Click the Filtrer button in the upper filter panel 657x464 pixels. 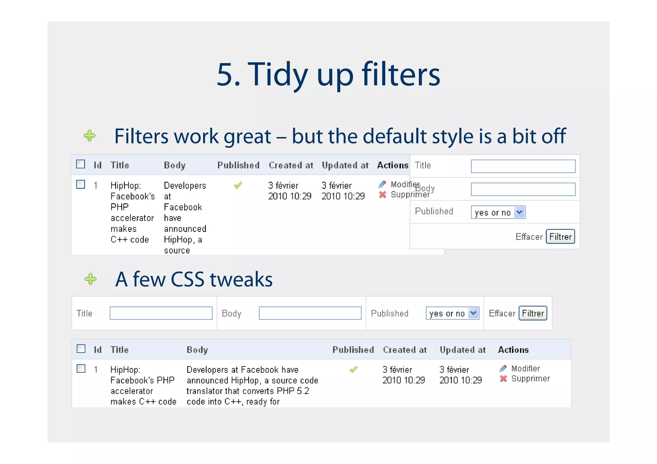tap(560, 237)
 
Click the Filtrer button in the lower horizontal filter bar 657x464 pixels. tap(533, 313)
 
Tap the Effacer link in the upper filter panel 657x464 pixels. tap(529, 237)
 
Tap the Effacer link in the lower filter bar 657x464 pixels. tap(502, 313)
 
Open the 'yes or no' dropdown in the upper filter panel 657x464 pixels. tap(498, 212)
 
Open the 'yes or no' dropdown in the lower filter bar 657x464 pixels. tap(452, 313)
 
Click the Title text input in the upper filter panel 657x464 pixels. tap(523, 166)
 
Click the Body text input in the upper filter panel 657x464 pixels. tap(523, 189)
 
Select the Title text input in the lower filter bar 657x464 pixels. tap(161, 313)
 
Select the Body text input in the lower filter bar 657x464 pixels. tap(310, 313)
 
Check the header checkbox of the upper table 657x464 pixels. tap(81, 164)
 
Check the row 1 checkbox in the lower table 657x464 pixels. tap(81, 369)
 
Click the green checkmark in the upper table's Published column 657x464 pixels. tap(238, 185)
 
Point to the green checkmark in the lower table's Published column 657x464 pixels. tap(354, 369)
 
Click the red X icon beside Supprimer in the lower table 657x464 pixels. tap(503, 379)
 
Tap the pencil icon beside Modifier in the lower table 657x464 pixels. tap(503, 369)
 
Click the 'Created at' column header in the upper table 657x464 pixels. tap(291, 165)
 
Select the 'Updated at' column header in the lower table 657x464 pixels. tap(463, 350)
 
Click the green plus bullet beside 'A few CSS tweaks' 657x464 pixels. tap(90, 279)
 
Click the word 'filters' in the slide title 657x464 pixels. tap(401, 74)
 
